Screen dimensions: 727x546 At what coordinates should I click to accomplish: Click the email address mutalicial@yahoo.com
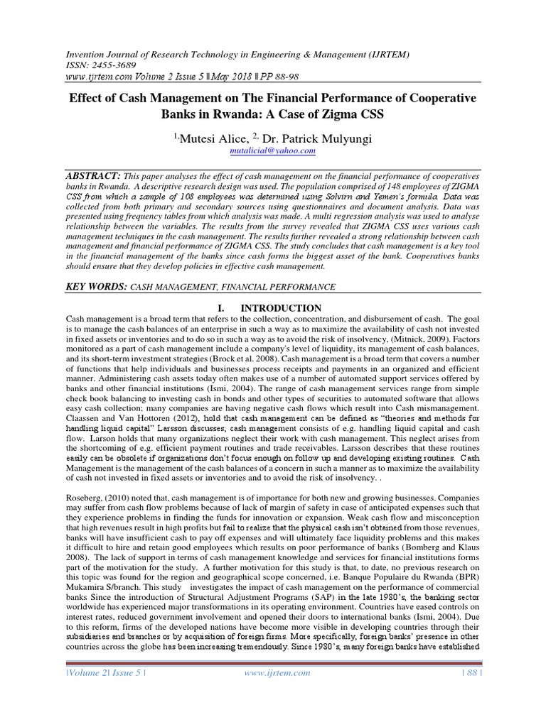(x=272, y=151)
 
